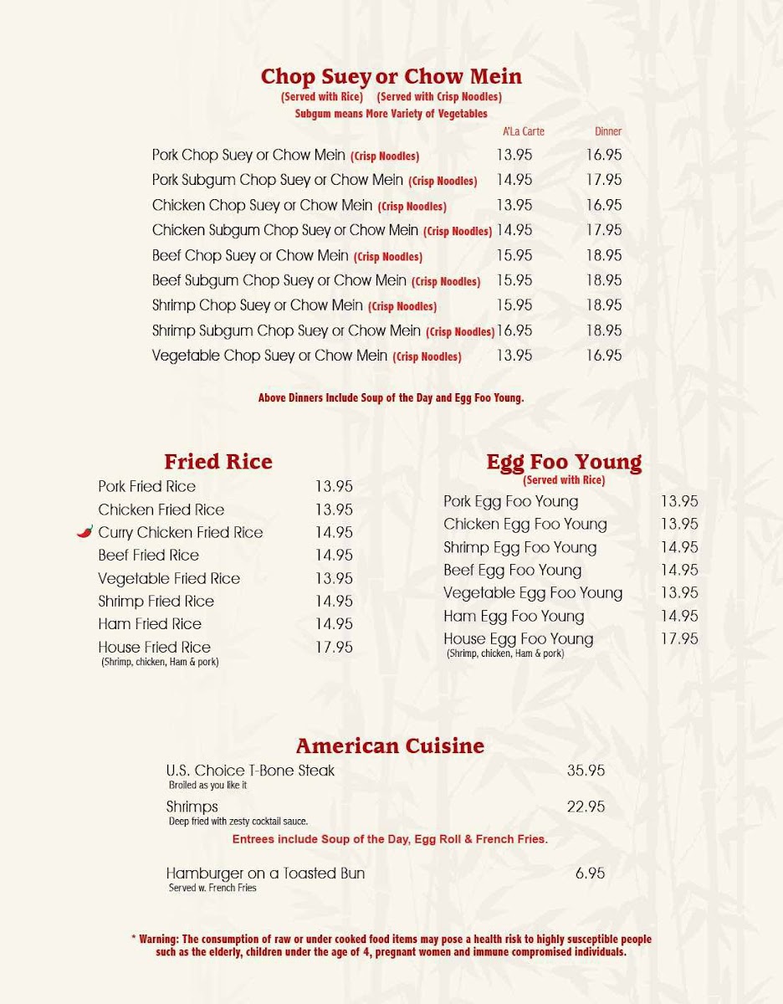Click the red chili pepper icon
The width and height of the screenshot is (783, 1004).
85,531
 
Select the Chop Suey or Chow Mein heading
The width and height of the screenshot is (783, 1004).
391,77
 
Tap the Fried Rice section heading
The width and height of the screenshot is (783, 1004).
218,462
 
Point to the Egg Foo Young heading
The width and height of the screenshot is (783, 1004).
564,462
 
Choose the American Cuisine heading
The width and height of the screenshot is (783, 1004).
390,745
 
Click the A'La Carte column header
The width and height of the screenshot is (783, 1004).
524,131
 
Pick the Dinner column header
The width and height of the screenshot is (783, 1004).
608,131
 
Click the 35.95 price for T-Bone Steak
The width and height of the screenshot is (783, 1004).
586,771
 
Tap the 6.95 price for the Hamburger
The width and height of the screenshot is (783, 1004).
590,873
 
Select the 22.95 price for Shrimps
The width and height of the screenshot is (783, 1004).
586,807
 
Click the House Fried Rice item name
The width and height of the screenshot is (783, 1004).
154,647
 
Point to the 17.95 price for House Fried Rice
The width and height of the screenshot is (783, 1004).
334,647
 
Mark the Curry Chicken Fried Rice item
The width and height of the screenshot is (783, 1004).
180,532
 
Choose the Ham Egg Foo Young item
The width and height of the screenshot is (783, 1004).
514,616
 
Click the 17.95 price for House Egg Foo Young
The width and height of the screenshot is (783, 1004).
679,638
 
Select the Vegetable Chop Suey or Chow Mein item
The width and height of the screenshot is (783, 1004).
269,356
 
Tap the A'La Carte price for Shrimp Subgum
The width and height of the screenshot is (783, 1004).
514,330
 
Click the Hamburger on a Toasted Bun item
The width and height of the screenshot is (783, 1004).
265,873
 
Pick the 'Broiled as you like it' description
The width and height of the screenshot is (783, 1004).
207,786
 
